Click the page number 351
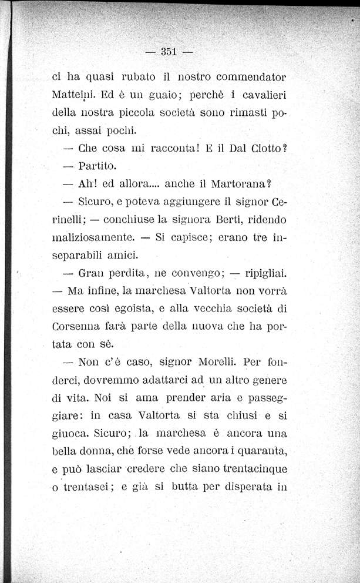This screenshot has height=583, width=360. click(169, 52)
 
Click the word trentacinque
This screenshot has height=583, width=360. click(254, 471)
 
